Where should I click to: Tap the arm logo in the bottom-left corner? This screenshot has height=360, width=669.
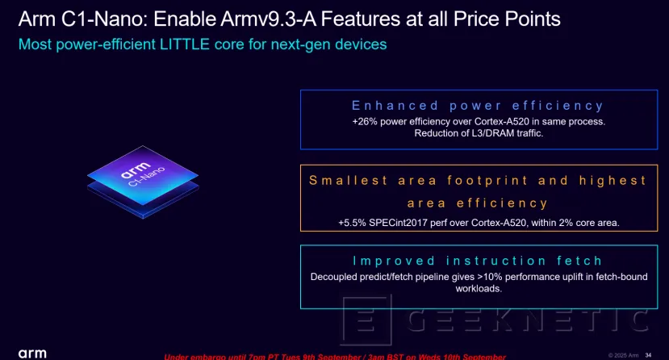(x=32, y=354)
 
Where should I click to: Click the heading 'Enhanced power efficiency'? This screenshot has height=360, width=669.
(x=478, y=105)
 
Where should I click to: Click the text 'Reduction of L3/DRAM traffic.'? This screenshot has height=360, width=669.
(x=479, y=133)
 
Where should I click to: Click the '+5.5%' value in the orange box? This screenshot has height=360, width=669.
(x=353, y=221)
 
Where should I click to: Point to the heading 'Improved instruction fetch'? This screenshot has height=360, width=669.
(x=478, y=260)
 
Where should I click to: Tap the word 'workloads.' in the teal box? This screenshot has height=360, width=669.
(x=479, y=289)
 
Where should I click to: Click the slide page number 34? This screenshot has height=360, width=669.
(x=648, y=354)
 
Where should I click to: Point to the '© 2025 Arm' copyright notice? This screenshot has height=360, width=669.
(x=623, y=354)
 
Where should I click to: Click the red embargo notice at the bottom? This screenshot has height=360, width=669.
(x=335, y=356)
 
